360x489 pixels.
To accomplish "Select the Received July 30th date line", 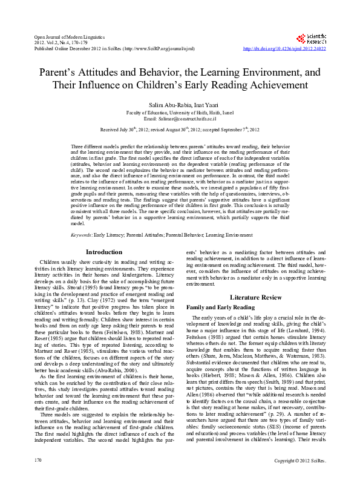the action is [x=180, y=130].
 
